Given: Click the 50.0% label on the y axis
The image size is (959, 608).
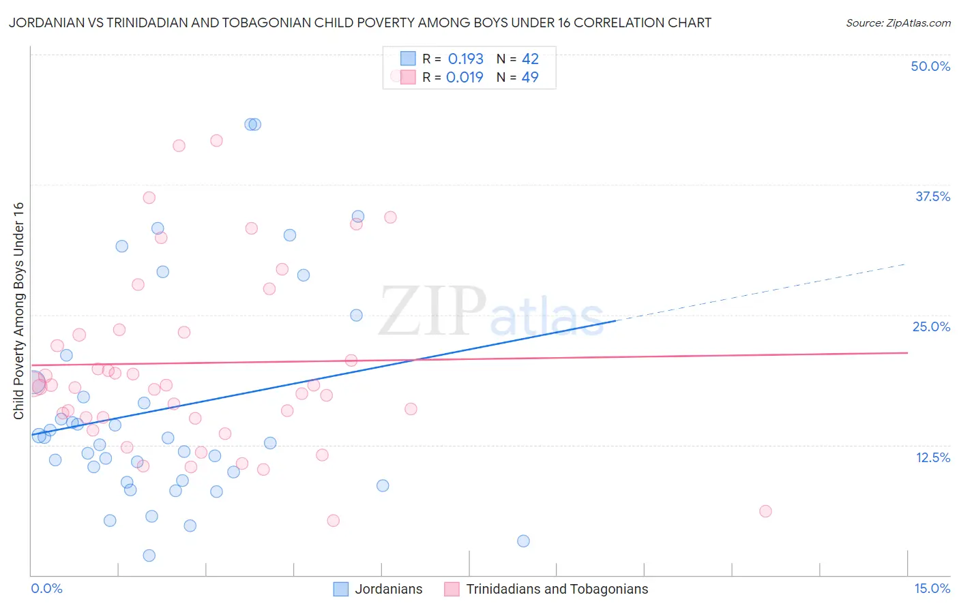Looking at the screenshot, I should coord(930,66).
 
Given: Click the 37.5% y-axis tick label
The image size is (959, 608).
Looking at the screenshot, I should coord(932,196).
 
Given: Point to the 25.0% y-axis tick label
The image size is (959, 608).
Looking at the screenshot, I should coord(931,326).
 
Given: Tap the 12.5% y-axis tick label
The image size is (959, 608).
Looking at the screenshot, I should coord(932,457).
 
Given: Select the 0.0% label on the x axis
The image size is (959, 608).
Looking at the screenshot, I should coord(46,588).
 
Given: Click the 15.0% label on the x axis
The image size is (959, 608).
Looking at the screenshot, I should coord(932,588).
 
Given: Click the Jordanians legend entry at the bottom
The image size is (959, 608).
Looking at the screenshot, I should coord(388,589).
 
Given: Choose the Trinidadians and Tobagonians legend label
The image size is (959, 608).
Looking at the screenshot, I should coord(557,589).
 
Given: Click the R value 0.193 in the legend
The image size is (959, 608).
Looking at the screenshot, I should coord(466,59).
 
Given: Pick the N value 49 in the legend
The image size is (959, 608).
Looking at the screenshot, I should coord(530,77).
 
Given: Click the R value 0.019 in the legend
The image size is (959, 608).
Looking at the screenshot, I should coord(464,77).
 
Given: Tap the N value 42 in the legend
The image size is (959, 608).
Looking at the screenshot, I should coord(530,59).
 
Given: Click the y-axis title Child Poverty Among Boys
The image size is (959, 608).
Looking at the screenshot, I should coord(18,311).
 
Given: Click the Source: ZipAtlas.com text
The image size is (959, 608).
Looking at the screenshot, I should coord(898,23).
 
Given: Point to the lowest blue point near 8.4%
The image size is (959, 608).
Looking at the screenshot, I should coord(523,541).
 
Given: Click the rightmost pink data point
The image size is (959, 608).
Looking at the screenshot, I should coord(765,511).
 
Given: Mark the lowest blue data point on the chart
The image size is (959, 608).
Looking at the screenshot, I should coord(149,556).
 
